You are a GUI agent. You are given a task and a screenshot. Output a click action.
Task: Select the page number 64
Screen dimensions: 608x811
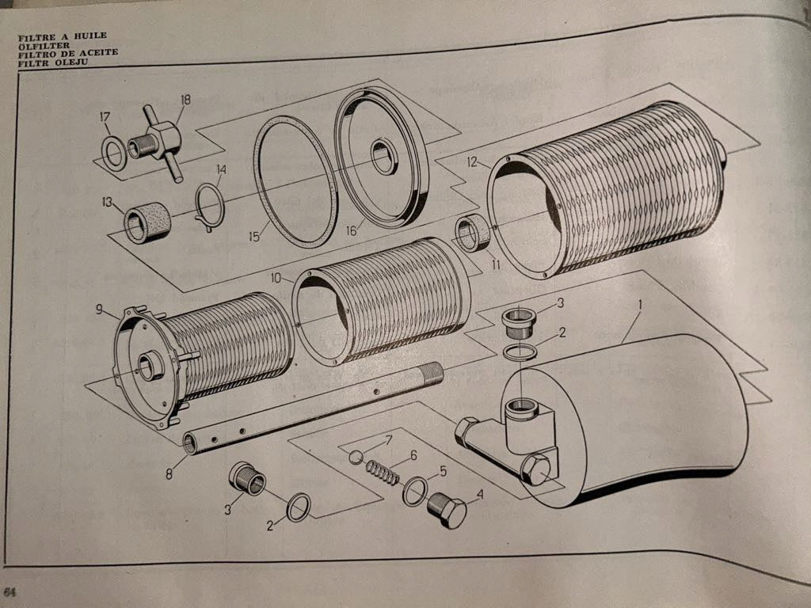[x=10, y=592]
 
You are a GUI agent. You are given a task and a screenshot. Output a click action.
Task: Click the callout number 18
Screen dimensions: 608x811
[x=185, y=100]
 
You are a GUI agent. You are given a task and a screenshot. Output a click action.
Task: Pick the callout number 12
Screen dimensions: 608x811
[x=472, y=162]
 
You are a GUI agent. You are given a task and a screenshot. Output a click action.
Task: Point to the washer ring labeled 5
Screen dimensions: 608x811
[x=414, y=492]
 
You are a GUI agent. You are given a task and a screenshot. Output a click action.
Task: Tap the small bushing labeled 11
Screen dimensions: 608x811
[x=474, y=234]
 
